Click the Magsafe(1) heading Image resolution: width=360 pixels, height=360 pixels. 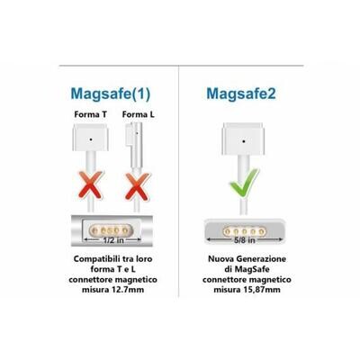pyautogui.click(x=111, y=94)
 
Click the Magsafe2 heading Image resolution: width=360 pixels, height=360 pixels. pyautogui.click(x=241, y=94)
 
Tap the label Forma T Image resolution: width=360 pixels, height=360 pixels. pyautogui.click(x=91, y=114)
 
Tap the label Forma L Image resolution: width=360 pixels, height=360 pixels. pyautogui.click(x=139, y=114)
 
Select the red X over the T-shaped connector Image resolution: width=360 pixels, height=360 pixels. pyautogui.click(x=90, y=185)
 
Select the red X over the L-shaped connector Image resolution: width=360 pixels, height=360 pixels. pyautogui.click(x=138, y=186)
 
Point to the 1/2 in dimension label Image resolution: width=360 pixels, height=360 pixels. pyautogui.click(x=113, y=240)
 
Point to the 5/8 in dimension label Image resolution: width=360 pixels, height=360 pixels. pyautogui.click(x=245, y=240)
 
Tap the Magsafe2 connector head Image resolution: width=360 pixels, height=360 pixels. pyautogui.click(x=243, y=139)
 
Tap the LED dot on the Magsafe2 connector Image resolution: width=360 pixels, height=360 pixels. pyautogui.click(x=243, y=140)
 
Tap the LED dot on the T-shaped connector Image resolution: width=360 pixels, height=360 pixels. pyautogui.click(x=91, y=139)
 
